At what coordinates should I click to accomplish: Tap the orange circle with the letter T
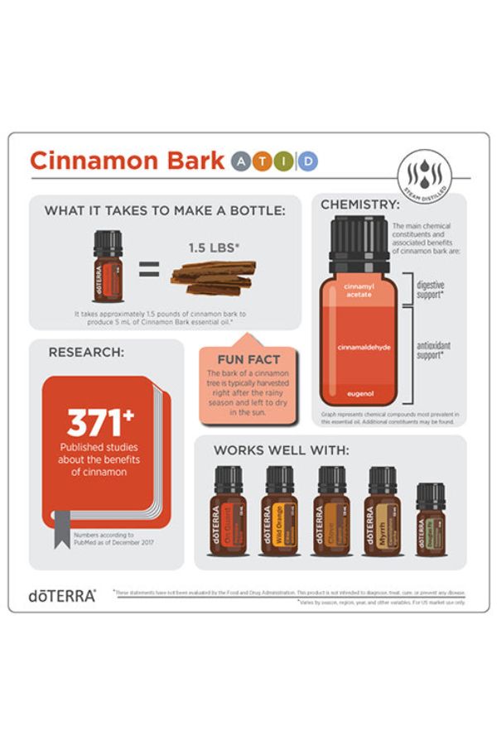pos(264,161)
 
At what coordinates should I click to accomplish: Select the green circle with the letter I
pos(286,161)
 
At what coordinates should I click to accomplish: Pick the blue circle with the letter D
pos(307,161)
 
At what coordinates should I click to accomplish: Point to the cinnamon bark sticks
pos(213,276)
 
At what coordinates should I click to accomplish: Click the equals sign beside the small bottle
pos(147,269)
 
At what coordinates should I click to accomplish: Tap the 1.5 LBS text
pos(213,246)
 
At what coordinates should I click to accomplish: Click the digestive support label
pos(432,290)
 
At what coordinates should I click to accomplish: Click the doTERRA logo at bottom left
pos(62,594)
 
